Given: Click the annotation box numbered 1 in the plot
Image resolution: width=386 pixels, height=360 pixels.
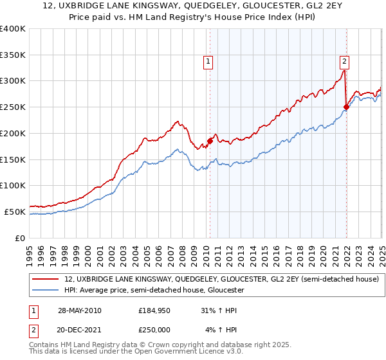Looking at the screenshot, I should point(209,62).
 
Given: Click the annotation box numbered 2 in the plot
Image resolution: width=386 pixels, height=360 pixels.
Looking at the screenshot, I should point(345,62).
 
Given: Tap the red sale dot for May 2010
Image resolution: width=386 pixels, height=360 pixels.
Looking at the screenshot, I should point(210,141).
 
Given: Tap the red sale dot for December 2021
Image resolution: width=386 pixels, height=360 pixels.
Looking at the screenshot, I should point(346,107).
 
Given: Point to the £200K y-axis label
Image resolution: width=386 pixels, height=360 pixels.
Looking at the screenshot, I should point(13,133).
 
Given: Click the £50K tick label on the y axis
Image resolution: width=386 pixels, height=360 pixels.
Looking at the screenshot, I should point(15,212).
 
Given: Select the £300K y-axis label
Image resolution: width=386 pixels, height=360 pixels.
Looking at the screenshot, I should point(13,81).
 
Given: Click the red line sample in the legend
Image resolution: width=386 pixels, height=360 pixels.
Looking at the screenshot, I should point(45,280).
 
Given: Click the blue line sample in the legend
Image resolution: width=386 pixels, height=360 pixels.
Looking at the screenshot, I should point(45,291).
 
